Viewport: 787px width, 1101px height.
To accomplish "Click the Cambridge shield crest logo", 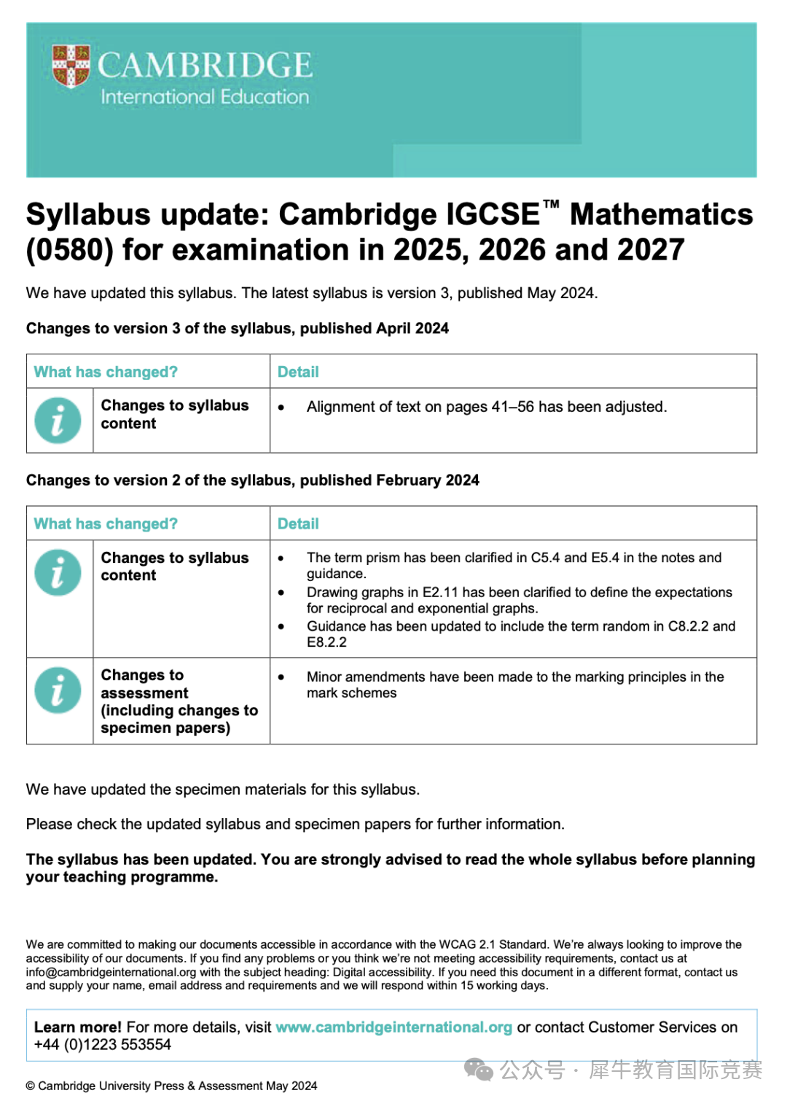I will tap(71, 66).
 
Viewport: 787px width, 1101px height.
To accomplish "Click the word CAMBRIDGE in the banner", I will tap(205, 66).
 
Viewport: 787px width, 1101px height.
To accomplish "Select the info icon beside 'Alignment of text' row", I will tap(58, 421).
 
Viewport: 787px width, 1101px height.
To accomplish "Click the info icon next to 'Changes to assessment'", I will tap(58, 690).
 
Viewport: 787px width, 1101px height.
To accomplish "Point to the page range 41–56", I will tap(512, 407).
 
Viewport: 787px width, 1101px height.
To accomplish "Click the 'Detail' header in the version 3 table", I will tap(298, 372).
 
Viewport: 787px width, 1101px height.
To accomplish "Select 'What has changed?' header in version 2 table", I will tap(106, 524).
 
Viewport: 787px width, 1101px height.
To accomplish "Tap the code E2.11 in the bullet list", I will tap(440, 592).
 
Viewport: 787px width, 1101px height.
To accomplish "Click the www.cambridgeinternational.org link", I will tap(393, 1027).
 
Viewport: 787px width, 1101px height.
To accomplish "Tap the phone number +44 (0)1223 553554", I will tap(103, 1045).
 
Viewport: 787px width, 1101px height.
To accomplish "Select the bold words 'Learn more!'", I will tap(77, 1027).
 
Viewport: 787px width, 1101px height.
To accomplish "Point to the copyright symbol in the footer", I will tap(31, 1086).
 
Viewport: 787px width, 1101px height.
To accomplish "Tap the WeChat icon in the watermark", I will tap(479, 1070).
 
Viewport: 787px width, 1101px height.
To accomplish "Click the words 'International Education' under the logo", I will tap(205, 97).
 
